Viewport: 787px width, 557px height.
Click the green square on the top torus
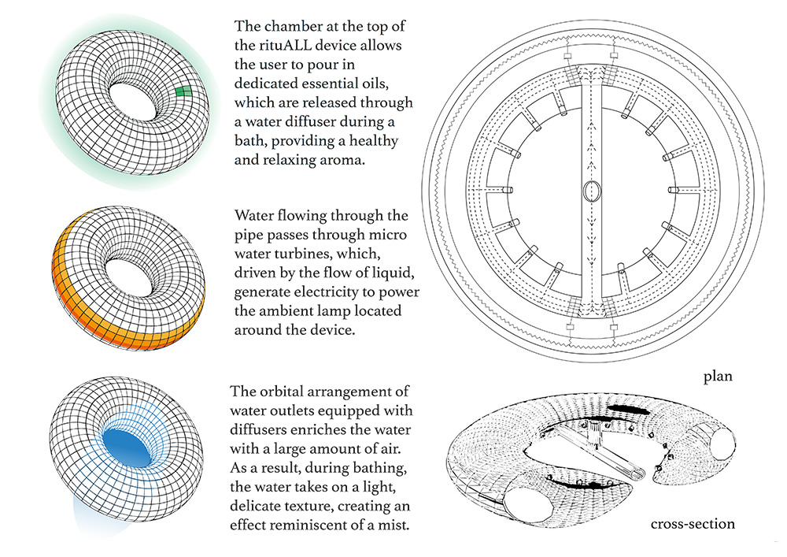[x=183, y=92]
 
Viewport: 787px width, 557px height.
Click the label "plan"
[x=718, y=377]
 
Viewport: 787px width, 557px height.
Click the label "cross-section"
[x=693, y=524]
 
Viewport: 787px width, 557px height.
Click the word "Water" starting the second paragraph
[x=257, y=215]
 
